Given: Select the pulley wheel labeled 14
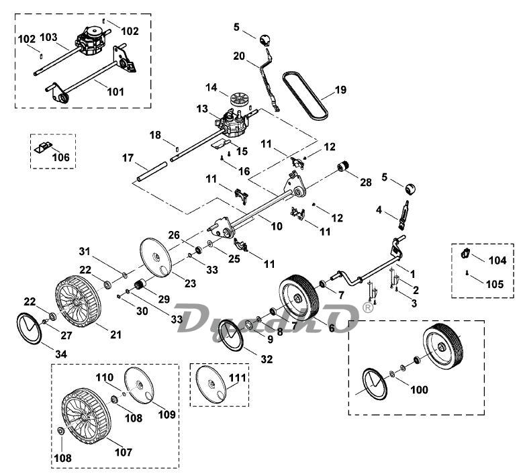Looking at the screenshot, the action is point(239,99).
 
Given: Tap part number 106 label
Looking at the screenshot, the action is point(61,157).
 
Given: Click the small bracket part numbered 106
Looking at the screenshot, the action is point(43,147).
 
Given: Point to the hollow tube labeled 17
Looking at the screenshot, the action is point(152,171).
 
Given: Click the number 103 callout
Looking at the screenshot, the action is point(48,37).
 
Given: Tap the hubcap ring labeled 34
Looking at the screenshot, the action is point(29,328).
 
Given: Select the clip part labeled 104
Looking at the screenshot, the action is point(465,253).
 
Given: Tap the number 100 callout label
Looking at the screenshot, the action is point(420,389).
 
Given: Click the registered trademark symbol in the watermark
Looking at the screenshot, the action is point(368,307).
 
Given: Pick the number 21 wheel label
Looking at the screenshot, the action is point(115,334).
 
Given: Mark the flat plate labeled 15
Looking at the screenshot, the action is point(221,143).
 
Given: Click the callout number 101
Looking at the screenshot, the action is point(115,91).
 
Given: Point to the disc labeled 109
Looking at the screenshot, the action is point(138,385).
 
